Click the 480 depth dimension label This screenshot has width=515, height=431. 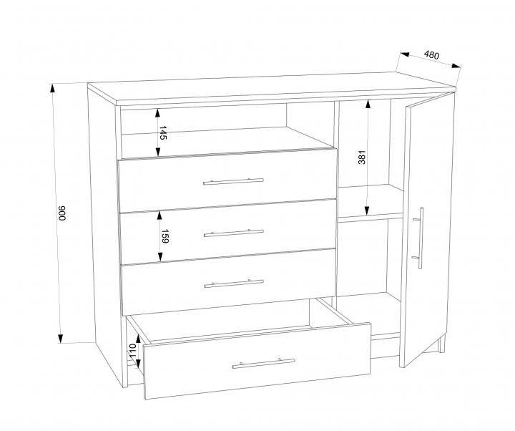click(x=431, y=55)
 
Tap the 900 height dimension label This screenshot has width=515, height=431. click(x=62, y=213)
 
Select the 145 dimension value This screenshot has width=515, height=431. click(x=163, y=133)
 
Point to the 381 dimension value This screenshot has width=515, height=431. click(x=362, y=158)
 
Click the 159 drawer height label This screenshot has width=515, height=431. click(x=165, y=236)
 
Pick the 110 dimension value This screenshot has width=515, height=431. click(x=132, y=351)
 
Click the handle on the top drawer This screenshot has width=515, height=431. click(x=233, y=181)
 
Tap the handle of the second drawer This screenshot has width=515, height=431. click(x=233, y=233)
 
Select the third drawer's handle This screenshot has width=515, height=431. click(x=234, y=284)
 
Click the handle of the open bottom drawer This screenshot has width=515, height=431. click(x=263, y=363)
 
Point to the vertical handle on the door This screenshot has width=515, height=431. click(x=420, y=238)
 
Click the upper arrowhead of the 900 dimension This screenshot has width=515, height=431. click(x=53, y=89)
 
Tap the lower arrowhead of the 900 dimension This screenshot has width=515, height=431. click(x=60, y=338)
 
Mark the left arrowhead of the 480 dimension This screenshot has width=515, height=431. click(x=404, y=54)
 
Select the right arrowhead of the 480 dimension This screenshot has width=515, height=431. click(x=456, y=65)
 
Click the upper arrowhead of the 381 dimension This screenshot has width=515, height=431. click(x=368, y=105)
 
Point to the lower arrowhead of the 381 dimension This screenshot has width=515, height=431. click(x=367, y=210)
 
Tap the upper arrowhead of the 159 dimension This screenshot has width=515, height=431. click(x=160, y=215)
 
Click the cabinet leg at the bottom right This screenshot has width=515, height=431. click(x=442, y=344)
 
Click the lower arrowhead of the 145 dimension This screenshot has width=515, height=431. click(x=158, y=151)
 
